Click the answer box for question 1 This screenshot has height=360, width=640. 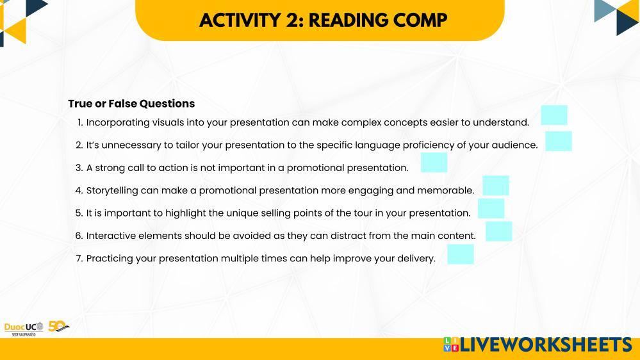click(x=554, y=115)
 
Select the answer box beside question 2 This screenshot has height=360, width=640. click(x=559, y=141)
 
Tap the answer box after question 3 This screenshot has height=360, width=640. click(x=434, y=163)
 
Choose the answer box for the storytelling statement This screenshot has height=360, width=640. click(x=495, y=186)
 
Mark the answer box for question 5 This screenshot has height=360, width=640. click(x=491, y=208)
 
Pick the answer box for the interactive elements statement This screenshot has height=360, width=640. click(x=499, y=231)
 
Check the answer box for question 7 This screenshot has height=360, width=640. click(x=461, y=254)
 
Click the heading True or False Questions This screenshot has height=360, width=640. click(x=131, y=104)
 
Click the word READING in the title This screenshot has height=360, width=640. click(x=347, y=20)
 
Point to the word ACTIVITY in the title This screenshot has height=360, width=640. click(x=240, y=20)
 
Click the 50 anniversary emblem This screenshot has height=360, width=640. click(x=58, y=326)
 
